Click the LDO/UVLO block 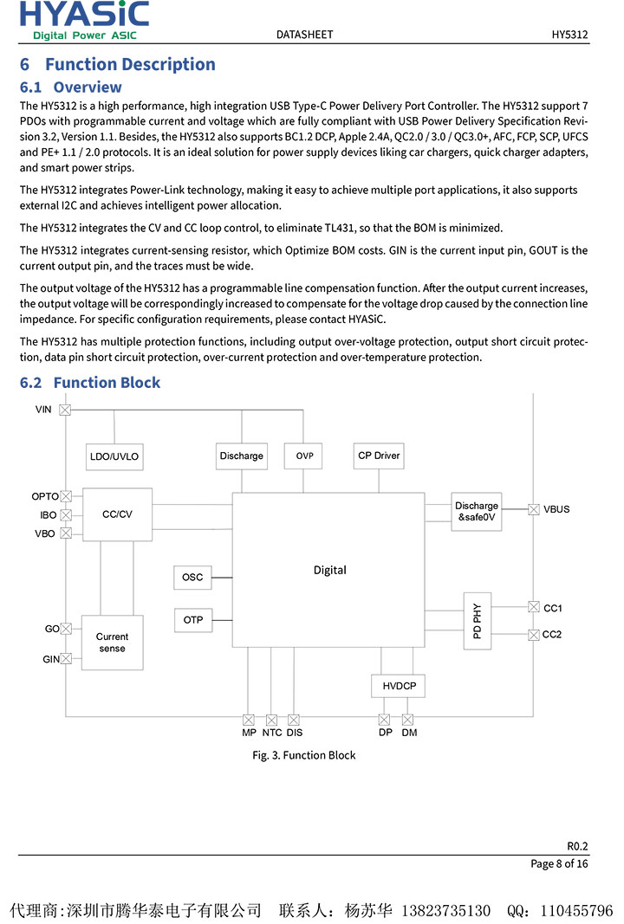tap(114, 456)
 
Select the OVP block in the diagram tap(304, 456)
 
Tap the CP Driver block tap(379, 456)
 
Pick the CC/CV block tap(117, 514)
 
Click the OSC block tap(192, 577)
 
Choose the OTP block tap(192, 620)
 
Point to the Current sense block tap(112, 643)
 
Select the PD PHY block tap(478, 621)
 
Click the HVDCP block tap(399, 687)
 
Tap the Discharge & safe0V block tap(477, 512)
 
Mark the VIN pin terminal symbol tap(65, 409)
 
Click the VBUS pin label tap(556, 509)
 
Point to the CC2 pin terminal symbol tap(534, 635)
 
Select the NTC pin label tap(272, 733)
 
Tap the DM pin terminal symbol tap(408, 720)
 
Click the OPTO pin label tap(45, 497)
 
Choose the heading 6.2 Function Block tap(90, 383)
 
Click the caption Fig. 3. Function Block tap(304, 755)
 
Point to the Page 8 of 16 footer tap(559, 863)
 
